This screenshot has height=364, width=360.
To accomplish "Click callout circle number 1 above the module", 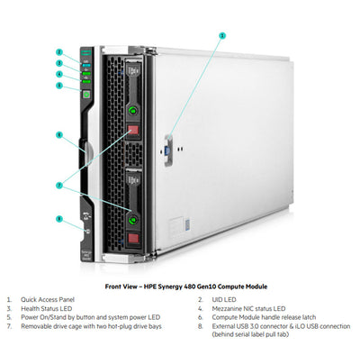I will [x=222, y=34].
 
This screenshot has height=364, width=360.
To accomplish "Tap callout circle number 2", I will [x=58, y=52].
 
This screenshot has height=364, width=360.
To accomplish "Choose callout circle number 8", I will [x=58, y=218].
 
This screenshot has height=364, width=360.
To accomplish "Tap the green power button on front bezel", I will [x=86, y=94].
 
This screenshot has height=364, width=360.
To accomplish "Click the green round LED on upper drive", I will [x=133, y=111].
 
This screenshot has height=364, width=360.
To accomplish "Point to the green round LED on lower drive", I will [x=134, y=216].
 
